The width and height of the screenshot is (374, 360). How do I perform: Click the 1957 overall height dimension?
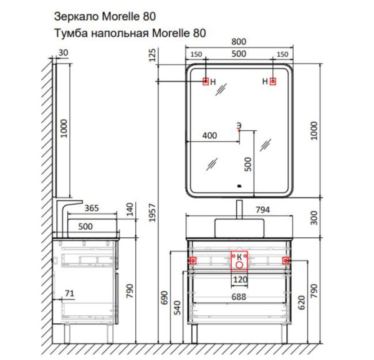click(x=153, y=212)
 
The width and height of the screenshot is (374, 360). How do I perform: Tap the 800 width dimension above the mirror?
click(x=239, y=42)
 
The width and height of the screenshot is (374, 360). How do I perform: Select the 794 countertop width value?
click(x=262, y=210)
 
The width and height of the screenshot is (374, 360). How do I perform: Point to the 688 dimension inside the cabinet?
click(x=239, y=296)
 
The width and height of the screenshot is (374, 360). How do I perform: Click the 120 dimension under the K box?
click(x=240, y=279)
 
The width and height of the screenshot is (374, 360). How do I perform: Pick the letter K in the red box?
click(x=240, y=257)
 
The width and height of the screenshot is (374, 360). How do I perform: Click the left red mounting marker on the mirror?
click(x=206, y=82)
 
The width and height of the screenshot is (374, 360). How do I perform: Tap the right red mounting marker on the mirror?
click(x=273, y=82)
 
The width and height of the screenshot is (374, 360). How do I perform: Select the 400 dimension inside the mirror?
click(x=209, y=136)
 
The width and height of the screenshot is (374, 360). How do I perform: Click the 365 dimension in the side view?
click(x=92, y=208)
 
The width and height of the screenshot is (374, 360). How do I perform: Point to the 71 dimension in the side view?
click(x=69, y=293)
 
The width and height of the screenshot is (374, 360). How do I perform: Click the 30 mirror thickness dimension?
click(x=63, y=53)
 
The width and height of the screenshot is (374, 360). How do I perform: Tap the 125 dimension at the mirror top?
click(x=152, y=55)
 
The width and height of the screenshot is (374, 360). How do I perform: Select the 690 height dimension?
click(x=165, y=298)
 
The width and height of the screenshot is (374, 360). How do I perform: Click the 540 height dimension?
click(x=178, y=308)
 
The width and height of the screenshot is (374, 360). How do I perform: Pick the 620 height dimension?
click(x=302, y=303)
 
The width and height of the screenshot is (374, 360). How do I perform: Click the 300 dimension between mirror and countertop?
click(x=314, y=218)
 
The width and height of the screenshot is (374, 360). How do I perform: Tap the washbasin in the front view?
click(x=239, y=228)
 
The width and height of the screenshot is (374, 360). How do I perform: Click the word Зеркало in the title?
click(x=76, y=17)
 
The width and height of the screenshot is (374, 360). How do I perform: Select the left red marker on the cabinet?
click(x=193, y=261)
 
